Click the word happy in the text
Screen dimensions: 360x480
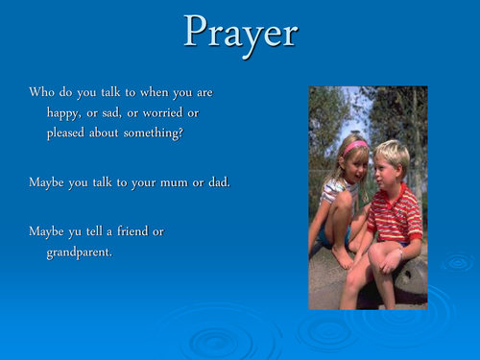(x=65, y=112)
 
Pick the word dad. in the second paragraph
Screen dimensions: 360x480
(x=215, y=181)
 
